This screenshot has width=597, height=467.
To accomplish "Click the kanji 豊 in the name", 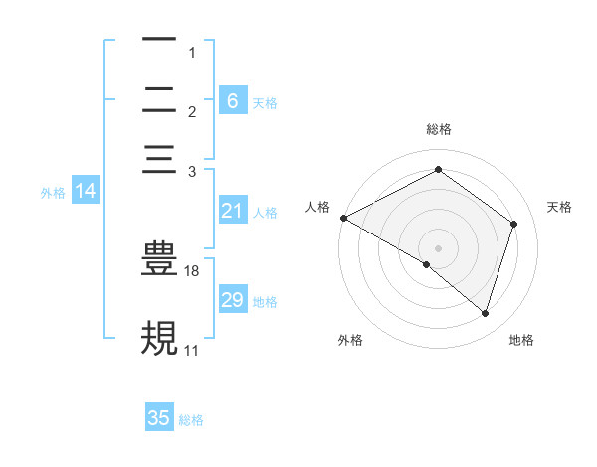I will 159,257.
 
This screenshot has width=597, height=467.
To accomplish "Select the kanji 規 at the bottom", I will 159,338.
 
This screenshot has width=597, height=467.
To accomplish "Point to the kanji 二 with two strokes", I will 159,100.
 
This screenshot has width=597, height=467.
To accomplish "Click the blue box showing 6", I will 232,100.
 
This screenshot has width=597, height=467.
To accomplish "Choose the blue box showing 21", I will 232,211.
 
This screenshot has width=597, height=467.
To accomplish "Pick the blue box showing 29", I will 232,300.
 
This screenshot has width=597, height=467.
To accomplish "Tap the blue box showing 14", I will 86,192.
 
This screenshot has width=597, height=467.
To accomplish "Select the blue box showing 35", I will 159,418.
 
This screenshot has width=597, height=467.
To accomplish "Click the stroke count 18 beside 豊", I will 192,271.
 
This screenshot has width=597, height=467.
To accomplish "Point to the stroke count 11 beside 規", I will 191,351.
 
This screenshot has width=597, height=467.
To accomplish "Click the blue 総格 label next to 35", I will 191,420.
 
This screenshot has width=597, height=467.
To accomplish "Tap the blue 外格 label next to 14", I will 53,193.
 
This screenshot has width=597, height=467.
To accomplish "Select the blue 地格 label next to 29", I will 265,301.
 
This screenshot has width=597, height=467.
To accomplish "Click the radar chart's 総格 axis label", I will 438,129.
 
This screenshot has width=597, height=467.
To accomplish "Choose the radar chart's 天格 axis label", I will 559,207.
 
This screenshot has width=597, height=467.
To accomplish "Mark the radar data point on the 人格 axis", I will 343,218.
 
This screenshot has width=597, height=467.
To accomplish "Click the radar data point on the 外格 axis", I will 427,264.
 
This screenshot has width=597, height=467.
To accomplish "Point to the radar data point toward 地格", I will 485,314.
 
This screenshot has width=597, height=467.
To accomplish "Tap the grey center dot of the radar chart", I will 438,247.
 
